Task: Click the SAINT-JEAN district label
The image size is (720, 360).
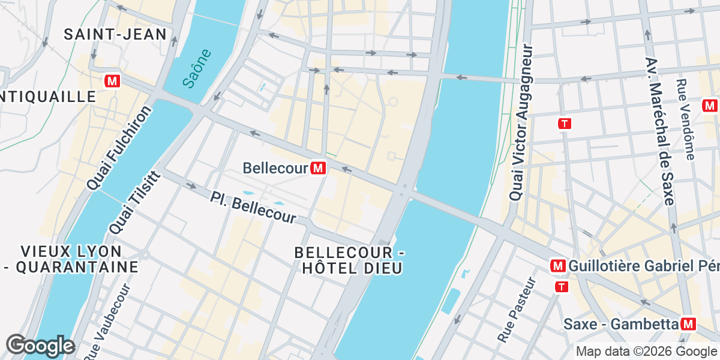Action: tap(115, 34)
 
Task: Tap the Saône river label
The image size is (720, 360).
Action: tap(197, 68)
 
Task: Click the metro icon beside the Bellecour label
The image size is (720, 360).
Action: tap(319, 169)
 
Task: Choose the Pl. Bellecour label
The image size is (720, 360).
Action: tap(254, 207)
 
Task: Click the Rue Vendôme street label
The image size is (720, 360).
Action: tap(685, 119)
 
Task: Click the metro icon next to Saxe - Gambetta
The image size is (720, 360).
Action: tap(688, 325)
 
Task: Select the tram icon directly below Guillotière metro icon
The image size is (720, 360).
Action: tap(562, 287)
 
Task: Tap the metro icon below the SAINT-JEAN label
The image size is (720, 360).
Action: tap(112, 80)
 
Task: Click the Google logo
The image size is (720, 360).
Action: tap(40, 346)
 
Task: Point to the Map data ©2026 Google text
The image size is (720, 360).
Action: tap(646, 352)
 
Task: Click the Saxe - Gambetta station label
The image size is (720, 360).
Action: tap(620, 325)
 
